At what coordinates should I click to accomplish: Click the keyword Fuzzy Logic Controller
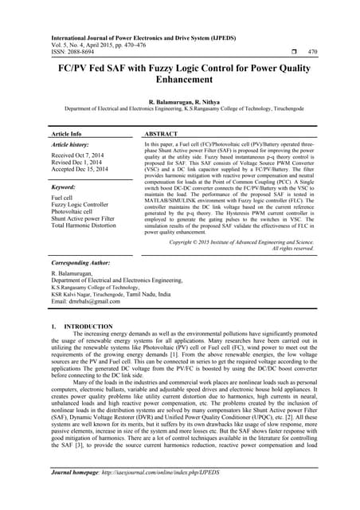pyautogui.click(x=84, y=206)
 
